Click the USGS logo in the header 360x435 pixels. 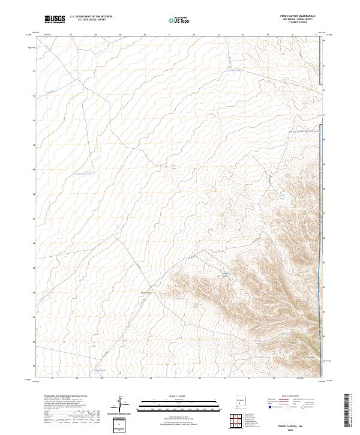tap(55, 19)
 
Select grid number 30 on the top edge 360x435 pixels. tap(145, 35)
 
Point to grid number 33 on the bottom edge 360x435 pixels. tap(224, 379)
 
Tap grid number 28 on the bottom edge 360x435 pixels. tap(101, 379)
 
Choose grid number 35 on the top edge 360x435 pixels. tap(268, 35)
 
